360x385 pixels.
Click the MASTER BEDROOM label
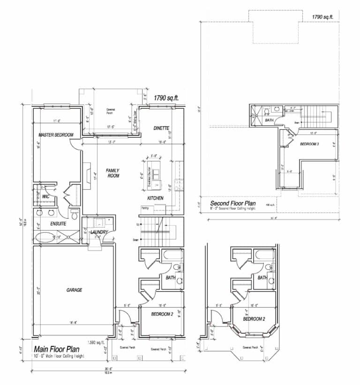click(56, 135)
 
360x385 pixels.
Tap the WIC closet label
click(46, 197)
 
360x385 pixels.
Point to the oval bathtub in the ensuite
click(45, 236)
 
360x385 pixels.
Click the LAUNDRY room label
click(99, 232)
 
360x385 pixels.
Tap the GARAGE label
click(74, 290)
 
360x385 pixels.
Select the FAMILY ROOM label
click(112, 173)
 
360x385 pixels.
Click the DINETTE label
click(161, 128)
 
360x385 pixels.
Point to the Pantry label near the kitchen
click(144, 208)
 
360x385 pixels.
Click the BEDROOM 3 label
click(309, 144)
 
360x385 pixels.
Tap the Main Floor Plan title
click(56, 349)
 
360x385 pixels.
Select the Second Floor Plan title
click(233, 203)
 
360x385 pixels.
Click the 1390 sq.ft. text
click(97, 342)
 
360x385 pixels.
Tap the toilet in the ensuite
click(75, 215)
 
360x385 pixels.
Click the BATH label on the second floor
click(269, 120)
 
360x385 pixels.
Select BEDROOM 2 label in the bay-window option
click(254, 319)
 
